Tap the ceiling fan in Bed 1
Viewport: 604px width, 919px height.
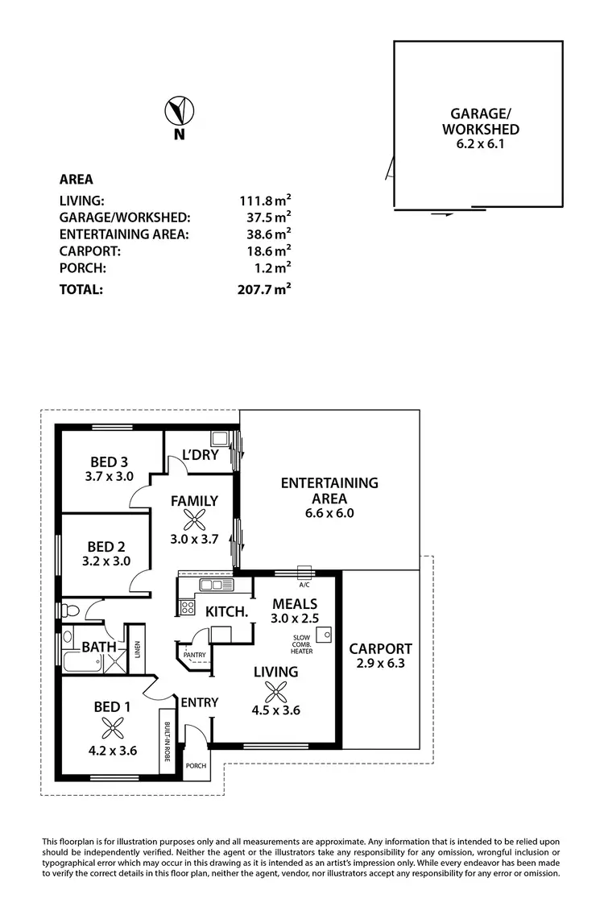106,729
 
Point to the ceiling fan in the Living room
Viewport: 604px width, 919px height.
275,690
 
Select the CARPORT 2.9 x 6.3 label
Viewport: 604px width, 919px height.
380,656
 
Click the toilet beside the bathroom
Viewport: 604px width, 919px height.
70,609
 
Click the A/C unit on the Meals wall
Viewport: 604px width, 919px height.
304,573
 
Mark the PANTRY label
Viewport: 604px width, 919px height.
194,655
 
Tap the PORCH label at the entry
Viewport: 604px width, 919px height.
196,766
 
